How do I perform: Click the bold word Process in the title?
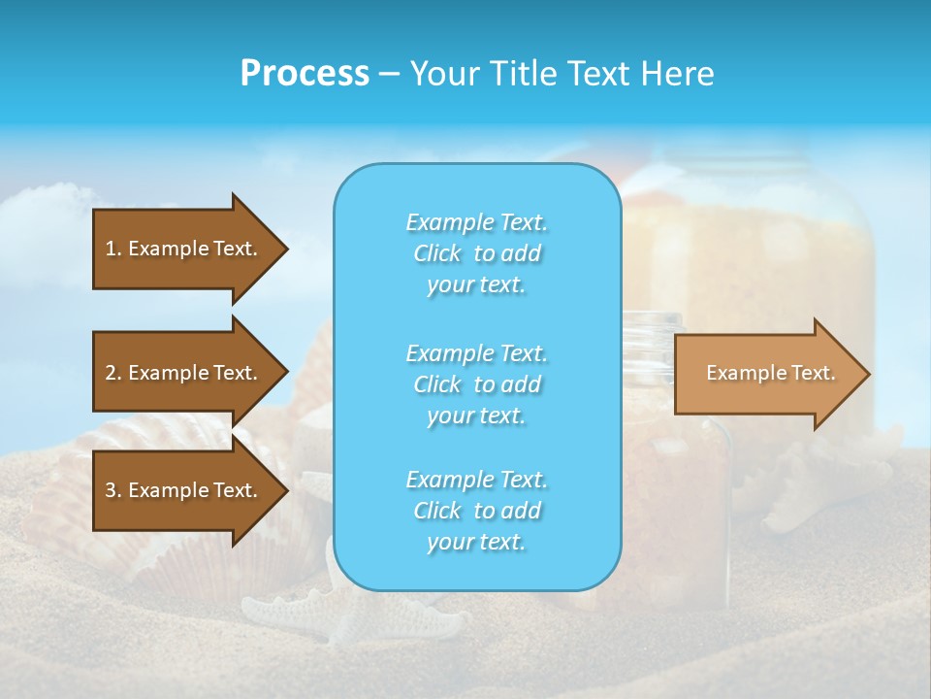click(305, 74)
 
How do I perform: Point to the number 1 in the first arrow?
click(111, 249)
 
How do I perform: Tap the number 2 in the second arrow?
click(111, 373)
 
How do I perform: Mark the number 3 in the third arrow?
click(111, 490)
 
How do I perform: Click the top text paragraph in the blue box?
click(476, 253)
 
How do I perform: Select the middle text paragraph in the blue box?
click(476, 384)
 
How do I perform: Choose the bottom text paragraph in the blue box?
click(476, 511)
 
